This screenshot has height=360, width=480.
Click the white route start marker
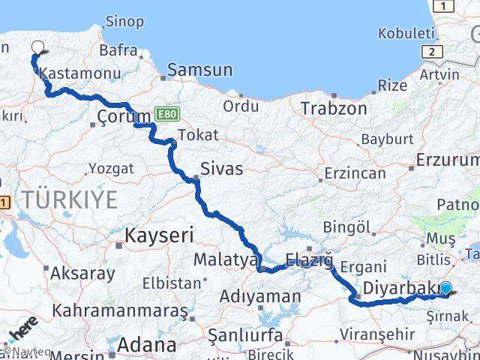37,47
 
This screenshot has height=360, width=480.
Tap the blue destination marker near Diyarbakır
446,288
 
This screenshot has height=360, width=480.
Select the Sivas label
221,169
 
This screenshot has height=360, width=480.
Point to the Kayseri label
159,235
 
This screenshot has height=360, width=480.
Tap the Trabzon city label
334,108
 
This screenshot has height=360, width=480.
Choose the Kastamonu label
72,73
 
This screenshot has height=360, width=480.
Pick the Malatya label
226,259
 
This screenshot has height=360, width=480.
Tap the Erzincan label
355,173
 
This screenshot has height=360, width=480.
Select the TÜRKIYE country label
70,199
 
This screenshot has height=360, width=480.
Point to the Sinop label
124,21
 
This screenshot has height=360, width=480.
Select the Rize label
392,85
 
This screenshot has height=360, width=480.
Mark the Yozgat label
112,168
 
